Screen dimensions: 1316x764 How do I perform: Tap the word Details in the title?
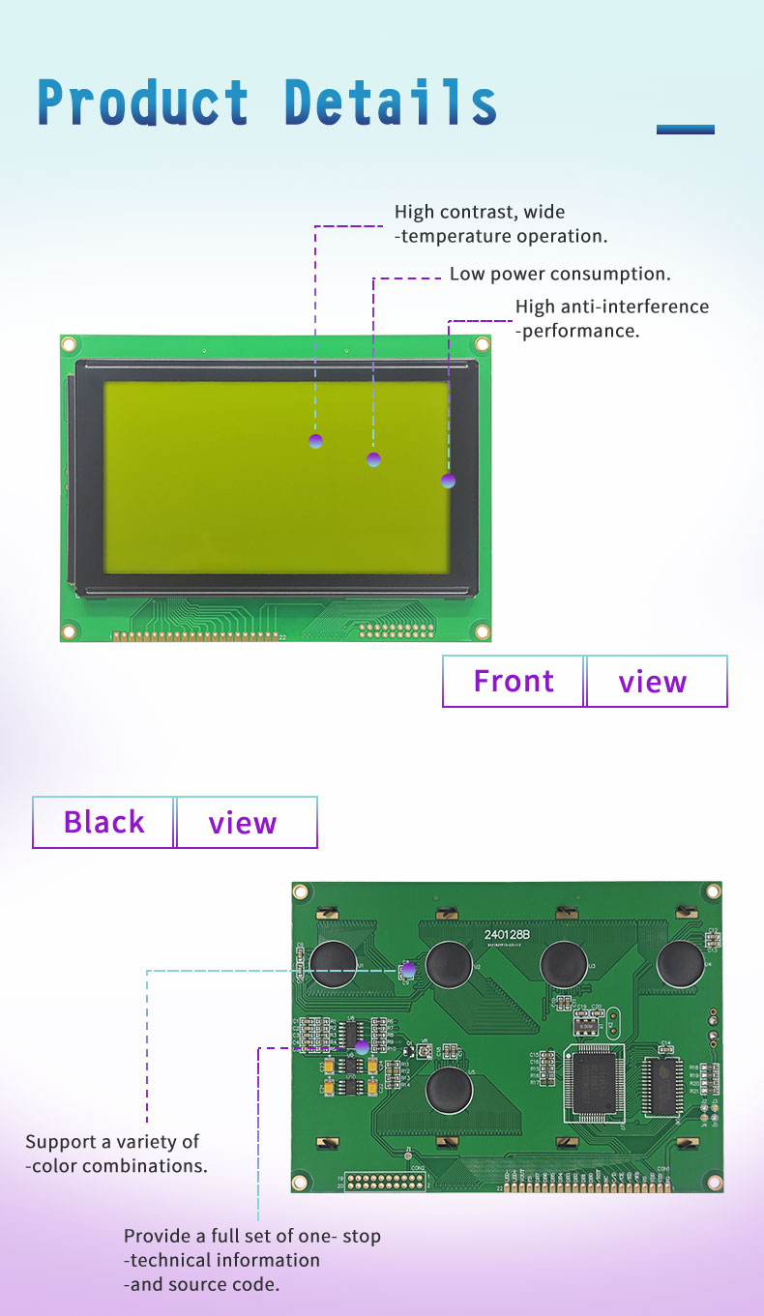391,102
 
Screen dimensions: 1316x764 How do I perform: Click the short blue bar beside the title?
685,130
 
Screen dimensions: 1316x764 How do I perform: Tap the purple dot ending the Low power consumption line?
374,459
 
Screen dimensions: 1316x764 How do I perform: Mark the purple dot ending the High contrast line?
315,441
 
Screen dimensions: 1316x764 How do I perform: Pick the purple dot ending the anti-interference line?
448,481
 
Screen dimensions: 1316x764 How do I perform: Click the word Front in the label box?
514,682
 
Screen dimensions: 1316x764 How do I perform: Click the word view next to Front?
653,682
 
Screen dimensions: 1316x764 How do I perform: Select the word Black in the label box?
103,823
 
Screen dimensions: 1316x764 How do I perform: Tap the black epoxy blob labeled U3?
566,963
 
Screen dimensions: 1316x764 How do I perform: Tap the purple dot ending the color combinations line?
408,968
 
